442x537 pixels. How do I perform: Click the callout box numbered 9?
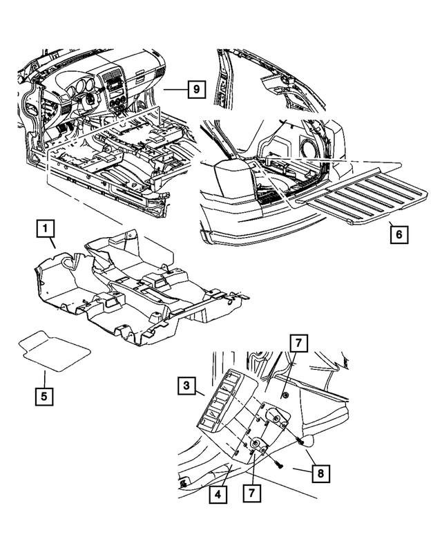pos(196,89)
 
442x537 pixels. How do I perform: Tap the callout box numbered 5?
pos(45,397)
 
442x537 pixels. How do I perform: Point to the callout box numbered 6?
pos(398,234)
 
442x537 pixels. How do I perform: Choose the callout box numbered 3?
pos(186,386)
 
